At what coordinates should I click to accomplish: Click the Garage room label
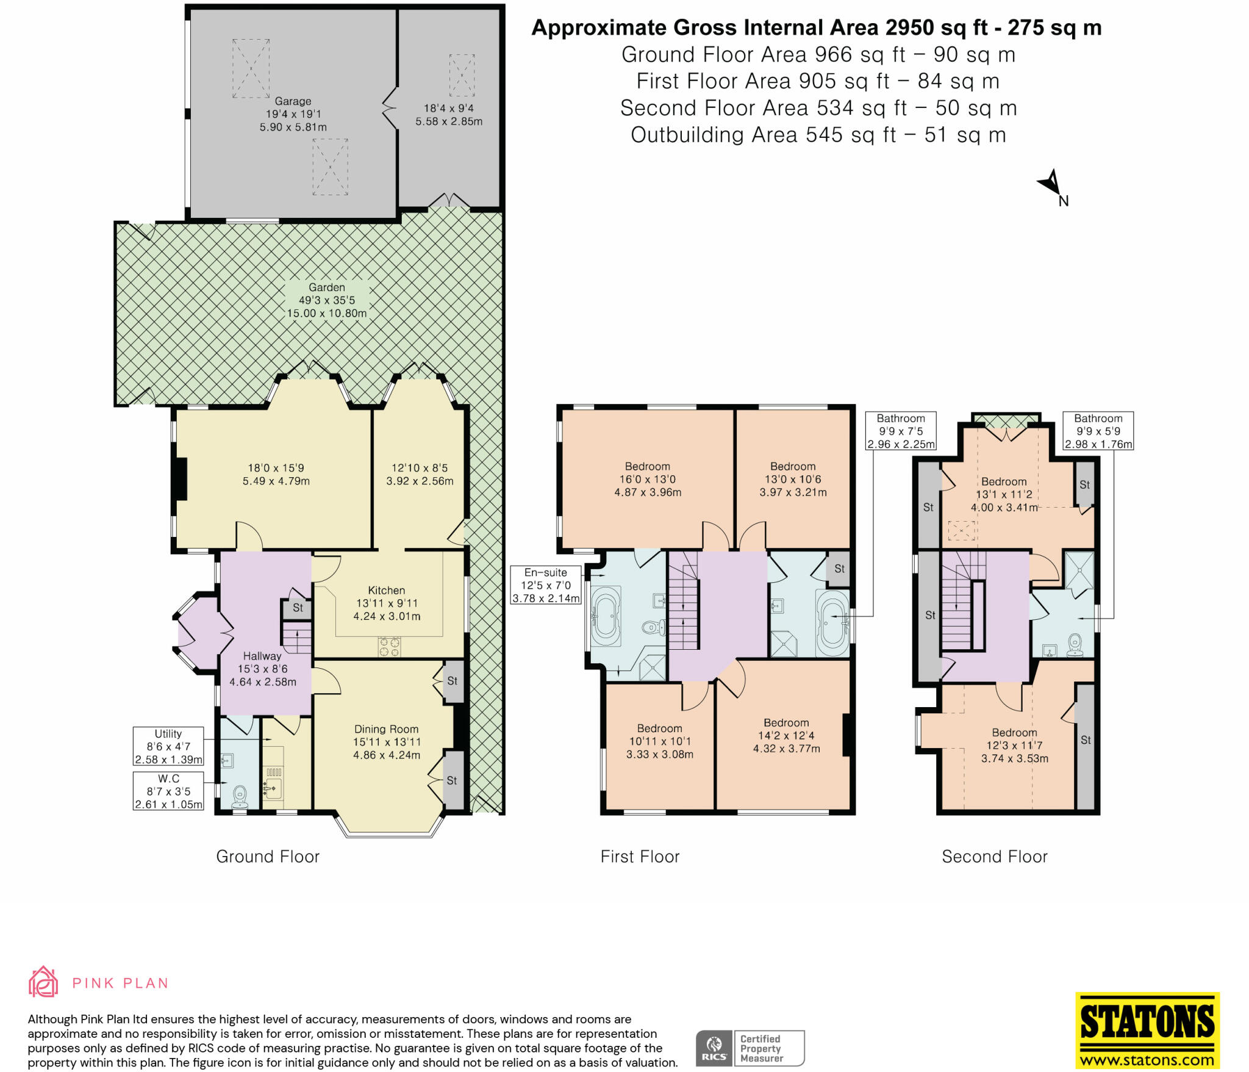293,114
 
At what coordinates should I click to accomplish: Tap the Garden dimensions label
327,300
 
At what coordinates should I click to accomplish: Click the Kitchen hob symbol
389,646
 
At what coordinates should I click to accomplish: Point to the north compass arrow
1053,184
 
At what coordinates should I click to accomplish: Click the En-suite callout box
545,585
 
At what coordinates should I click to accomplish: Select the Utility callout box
168,746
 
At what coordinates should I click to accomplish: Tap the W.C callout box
168,791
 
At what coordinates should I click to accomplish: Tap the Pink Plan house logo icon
43,982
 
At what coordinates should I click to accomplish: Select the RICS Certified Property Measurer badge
750,1048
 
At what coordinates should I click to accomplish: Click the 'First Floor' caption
640,857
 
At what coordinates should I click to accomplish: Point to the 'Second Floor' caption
995,857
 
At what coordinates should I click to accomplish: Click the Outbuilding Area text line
818,135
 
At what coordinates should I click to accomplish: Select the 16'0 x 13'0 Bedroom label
647,479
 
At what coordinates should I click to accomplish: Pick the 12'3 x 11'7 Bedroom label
1014,745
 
